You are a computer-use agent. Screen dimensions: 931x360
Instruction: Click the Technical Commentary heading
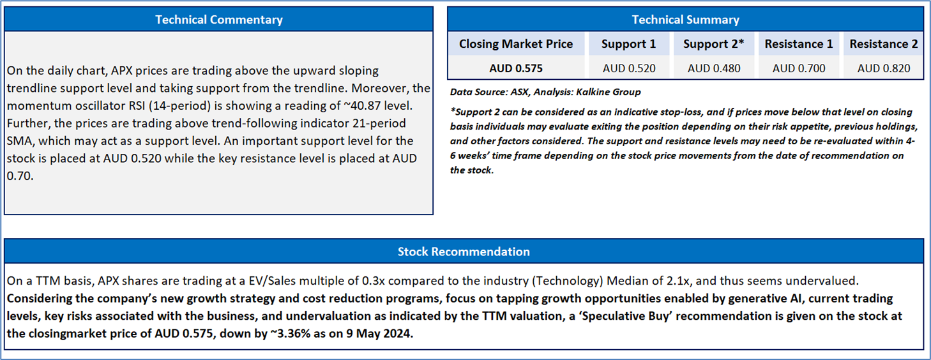click(x=219, y=20)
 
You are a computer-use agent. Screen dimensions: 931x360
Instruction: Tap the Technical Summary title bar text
click(x=685, y=20)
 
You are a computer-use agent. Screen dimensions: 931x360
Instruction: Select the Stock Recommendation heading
click(x=464, y=251)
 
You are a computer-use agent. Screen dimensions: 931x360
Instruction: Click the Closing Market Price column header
click(x=516, y=44)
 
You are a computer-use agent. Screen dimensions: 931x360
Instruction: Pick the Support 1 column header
click(x=628, y=44)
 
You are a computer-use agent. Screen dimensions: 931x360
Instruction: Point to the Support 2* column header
click(x=714, y=44)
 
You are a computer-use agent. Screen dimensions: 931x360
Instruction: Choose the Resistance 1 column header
click(x=799, y=44)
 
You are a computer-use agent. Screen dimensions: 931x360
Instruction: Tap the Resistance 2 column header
click(x=884, y=44)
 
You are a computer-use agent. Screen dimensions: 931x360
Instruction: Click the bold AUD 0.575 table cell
click(x=516, y=68)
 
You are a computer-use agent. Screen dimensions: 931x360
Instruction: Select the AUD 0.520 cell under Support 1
click(x=629, y=68)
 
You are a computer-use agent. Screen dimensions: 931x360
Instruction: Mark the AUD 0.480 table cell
click(x=714, y=68)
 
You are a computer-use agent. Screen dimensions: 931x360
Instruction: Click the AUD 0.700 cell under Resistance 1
click(x=799, y=68)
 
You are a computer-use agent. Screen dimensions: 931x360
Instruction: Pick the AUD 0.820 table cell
click(x=884, y=68)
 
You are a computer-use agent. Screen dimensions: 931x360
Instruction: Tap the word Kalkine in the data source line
click(x=593, y=92)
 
